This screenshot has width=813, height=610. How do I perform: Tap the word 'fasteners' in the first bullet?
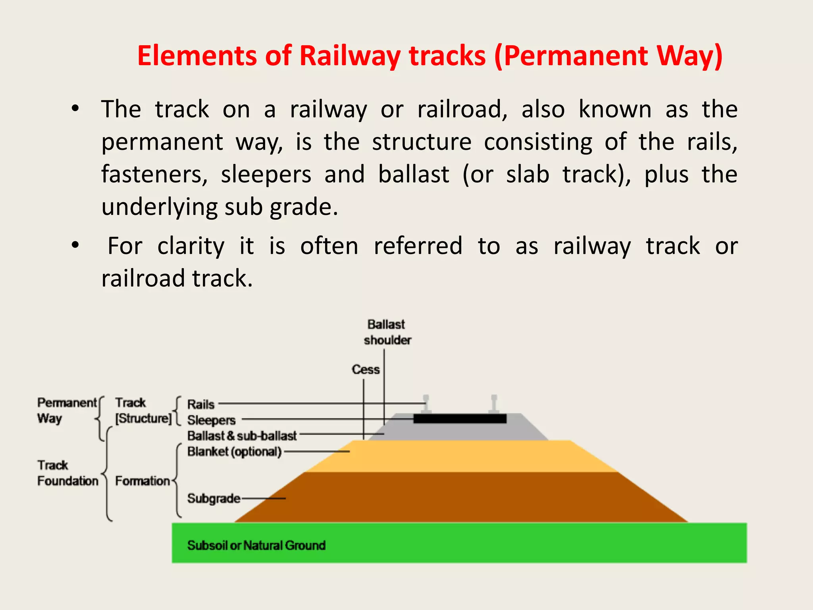click(154, 174)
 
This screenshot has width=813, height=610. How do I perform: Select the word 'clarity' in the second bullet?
click(191, 246)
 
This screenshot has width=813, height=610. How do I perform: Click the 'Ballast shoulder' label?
click(387, 332)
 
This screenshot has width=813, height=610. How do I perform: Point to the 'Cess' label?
click(366, 369)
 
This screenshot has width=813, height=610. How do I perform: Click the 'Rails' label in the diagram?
click(201, 404)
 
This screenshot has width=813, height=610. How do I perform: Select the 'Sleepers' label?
click(211, 420)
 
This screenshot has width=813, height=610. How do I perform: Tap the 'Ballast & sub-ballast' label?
click(242, 436)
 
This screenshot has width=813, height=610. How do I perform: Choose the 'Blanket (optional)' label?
click(234, 452)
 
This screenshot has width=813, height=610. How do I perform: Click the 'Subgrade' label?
click(214, 498)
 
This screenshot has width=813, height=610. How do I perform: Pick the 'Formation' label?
click(143, 481)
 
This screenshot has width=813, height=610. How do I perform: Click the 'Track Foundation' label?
click(67, 473)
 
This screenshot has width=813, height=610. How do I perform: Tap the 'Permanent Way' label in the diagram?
click(66, 410)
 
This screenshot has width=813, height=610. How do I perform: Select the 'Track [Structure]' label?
click(143, 410)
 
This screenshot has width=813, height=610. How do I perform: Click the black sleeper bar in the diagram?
click(460, 419)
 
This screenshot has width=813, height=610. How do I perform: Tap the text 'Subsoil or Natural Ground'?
click(256, 545)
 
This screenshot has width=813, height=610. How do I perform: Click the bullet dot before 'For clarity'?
click(75, 246)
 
